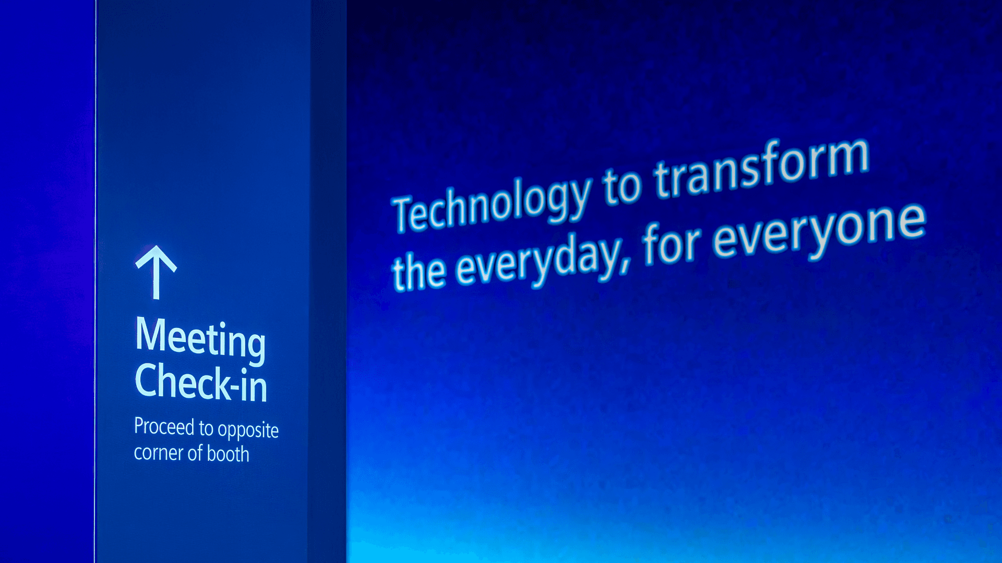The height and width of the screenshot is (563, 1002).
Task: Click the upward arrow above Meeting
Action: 156,272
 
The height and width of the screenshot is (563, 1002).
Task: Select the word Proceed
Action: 164,426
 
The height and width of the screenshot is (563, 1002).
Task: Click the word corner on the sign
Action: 158,453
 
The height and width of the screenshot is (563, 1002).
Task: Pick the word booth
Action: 228,454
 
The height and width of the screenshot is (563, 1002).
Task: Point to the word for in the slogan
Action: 672,243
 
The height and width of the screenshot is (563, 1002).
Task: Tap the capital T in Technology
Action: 405,214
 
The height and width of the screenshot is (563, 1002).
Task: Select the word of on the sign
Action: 195,452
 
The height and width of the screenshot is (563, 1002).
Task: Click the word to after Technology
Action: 622,186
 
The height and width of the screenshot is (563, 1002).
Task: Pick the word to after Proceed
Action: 206,429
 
